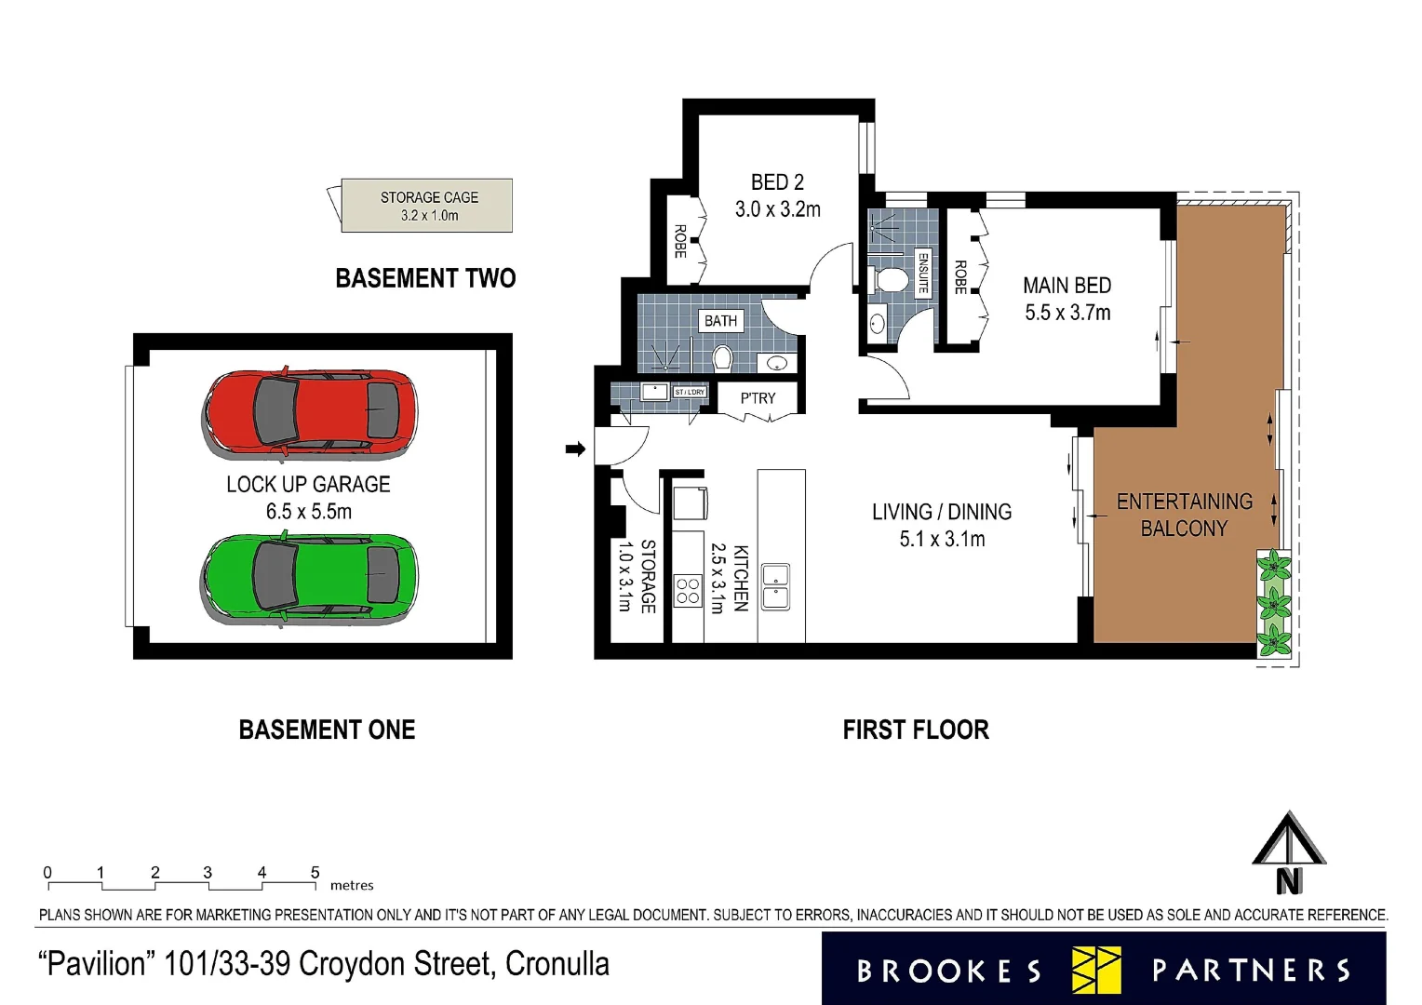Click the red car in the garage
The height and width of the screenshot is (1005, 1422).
(x=310, y=413)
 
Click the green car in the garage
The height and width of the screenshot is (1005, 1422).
(x=310, y=577)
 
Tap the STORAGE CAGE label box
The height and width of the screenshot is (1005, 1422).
(x=427, y=206)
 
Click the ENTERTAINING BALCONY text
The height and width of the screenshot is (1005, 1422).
(x=1184, y=515)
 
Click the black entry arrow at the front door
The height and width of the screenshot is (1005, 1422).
(x=575, y=449)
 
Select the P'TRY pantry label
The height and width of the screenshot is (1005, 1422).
(x=758, y=398)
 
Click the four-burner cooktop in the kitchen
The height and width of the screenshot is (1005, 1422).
(x=688, y=591)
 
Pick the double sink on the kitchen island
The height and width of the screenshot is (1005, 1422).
(x=775, y=586)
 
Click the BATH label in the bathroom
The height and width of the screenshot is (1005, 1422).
(x=720, y=321)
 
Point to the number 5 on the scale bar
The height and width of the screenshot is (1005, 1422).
(x=315, y=872)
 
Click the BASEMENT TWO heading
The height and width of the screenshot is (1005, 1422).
(x=425, y=278)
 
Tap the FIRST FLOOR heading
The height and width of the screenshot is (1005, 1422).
(x=916, y=730)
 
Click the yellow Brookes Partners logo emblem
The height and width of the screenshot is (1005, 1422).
(x=1096, y=970)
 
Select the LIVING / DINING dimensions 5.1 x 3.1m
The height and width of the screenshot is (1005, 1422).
(x=942, y=539)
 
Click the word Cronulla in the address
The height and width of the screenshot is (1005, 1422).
(x=557, y=964)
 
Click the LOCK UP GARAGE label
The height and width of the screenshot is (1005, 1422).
(x=308, y=485)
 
